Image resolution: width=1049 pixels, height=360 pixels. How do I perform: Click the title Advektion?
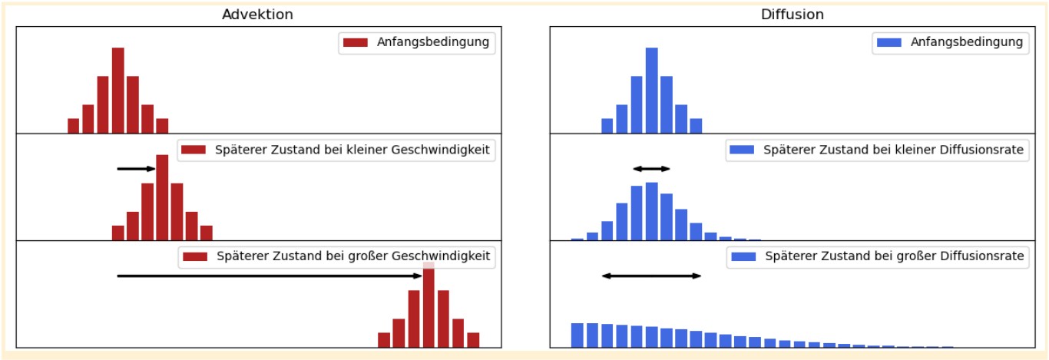257,15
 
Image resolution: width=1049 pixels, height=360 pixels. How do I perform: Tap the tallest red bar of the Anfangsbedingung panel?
117,90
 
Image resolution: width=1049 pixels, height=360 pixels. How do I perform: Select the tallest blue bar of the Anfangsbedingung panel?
651,90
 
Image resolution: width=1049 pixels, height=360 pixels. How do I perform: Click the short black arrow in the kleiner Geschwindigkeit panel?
136,169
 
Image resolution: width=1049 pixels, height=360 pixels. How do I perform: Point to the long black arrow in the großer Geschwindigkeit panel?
270,276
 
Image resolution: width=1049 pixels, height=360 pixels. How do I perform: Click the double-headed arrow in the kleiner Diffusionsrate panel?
651,169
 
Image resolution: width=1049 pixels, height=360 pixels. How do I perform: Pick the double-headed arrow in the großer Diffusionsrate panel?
651,276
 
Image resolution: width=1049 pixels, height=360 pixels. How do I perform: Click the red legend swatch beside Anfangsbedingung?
356,43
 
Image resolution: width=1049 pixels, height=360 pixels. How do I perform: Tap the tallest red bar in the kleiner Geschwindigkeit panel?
162,197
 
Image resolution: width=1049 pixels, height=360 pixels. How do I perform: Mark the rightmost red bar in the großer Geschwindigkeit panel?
473,340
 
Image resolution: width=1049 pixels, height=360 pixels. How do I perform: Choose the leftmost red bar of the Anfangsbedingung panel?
74,126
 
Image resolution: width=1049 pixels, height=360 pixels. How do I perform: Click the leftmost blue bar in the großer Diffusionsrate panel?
577,335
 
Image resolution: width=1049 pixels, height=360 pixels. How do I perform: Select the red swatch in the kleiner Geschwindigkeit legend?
194,150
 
